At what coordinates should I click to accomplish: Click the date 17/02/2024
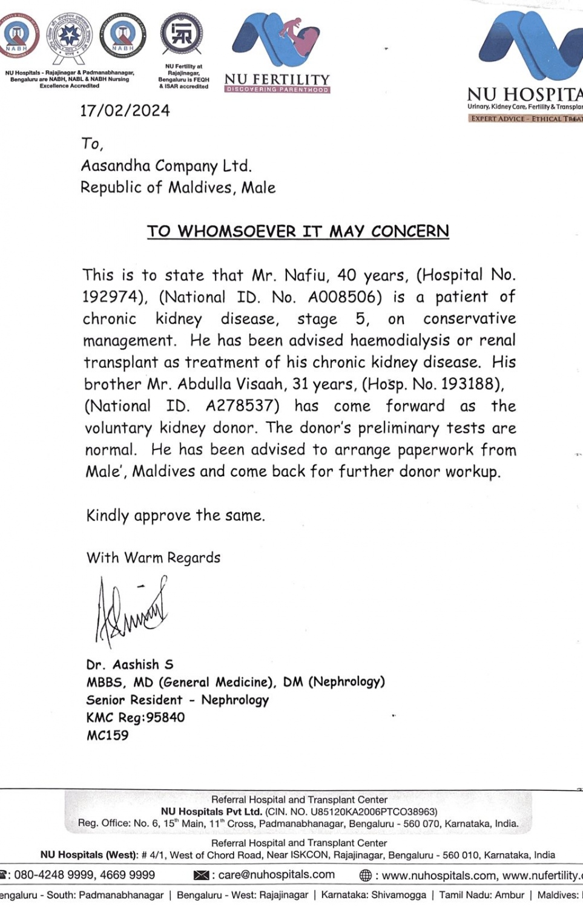125,111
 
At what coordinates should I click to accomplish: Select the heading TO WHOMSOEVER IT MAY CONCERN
298,231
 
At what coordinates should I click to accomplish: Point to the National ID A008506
345,297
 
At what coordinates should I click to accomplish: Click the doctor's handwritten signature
130,611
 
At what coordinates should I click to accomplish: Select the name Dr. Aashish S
130,664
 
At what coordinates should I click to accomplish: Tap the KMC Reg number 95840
165,718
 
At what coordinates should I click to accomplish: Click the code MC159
108,736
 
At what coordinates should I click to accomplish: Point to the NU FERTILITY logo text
277,79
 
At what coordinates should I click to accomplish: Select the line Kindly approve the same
176,516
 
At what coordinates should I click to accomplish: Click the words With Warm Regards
153,557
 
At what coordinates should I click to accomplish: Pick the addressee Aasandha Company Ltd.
166,166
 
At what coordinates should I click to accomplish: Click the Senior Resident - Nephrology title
177,700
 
